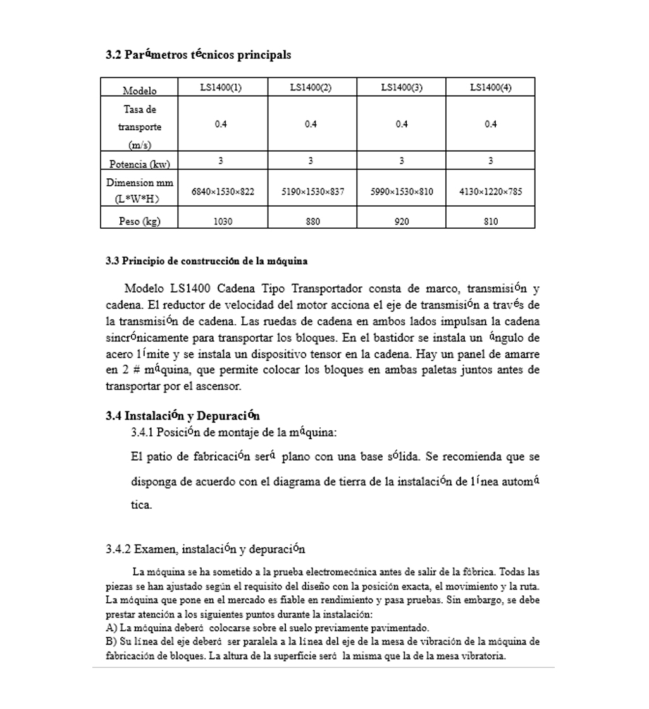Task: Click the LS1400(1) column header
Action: click(x=221, y=88)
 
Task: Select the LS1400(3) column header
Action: click(x=401, y=88)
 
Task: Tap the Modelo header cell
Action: click(x=139, y=90)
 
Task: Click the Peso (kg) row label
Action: click(x=139, y=221)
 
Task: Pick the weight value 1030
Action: click(x=223, y=221)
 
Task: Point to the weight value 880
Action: click(x=312, y=221)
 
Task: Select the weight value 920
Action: click(x=401, y=221)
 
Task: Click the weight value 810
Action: click(x=490, y=221)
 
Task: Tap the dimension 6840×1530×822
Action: click(x=223, y=191)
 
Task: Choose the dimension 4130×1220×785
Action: click(x=490, y=191)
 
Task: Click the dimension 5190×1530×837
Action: click(x=312, y=191)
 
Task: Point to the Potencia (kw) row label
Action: click(x=139, y=164)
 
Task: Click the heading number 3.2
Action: click(x=113, y=55)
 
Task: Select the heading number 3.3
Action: click(x=112, y=261)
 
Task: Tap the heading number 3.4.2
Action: click(x=118, y=548)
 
